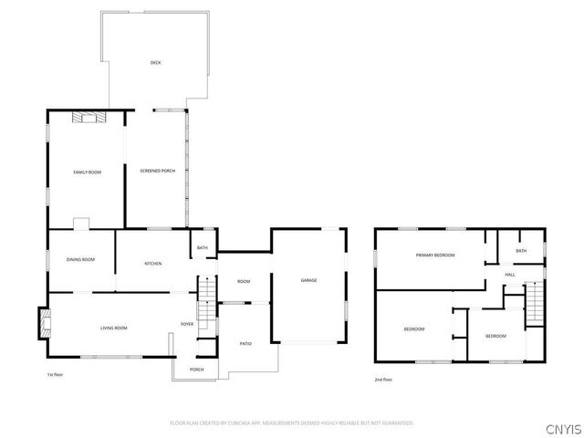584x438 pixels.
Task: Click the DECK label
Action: coord(155,63)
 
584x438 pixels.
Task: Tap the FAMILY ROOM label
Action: coord(87,172)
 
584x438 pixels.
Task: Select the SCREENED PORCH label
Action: coord(157,172)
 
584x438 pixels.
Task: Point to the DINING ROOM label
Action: coord(80,261)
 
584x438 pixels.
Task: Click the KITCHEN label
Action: coord(153,264)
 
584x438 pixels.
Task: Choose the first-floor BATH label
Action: coord(202,247)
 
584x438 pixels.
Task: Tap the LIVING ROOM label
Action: coord(113,328)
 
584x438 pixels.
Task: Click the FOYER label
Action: coord(186,324)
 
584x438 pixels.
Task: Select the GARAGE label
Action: coord(309,280)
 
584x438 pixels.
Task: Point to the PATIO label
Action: coord(245,343)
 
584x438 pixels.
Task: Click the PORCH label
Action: coord(196,370)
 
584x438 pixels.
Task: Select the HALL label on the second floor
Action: coord(510,275)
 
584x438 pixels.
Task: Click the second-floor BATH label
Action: coord(521,251)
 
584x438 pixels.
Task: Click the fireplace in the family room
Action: coord(90,116)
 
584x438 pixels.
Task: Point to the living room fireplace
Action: coord(41,321)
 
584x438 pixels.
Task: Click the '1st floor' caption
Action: coord(56,375)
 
